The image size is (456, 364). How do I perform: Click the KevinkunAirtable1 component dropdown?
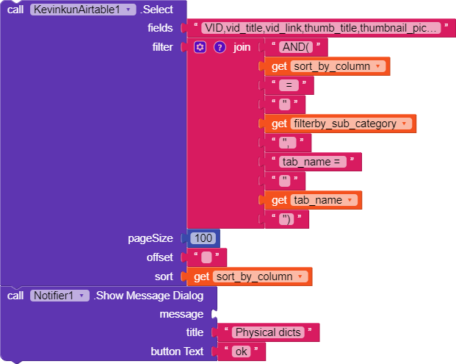(x=83, y=10)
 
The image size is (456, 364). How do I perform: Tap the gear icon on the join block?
(x=200, y=47)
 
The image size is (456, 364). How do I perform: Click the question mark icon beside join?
(x=220, y=47)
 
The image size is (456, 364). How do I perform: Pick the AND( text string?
(x=296, y=47)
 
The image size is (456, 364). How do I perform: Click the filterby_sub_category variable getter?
(x=340, y=124)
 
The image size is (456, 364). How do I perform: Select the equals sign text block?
(x=289, y=85)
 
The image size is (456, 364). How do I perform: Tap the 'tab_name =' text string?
(x=313, y=162)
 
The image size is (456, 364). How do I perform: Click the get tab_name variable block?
(x=313, y=200)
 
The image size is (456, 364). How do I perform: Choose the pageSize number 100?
(x=203, y=238)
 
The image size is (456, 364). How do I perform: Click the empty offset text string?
(x=206, y=257)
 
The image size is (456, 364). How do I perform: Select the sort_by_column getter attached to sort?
(x=249, y=276)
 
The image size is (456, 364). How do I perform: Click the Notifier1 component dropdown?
(x=59, y=296)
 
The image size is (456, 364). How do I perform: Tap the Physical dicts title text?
(x=268, y=332)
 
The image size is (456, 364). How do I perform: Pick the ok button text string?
(x=242, y=351)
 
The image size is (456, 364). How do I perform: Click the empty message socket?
(x=214, y=314)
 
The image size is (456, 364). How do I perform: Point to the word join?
(x=242, y=47)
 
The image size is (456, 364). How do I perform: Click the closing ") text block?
(x=286, y=219)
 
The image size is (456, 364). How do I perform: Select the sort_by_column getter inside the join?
(x=327, y=66)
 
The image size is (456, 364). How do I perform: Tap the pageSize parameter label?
(x=151, y=238)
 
